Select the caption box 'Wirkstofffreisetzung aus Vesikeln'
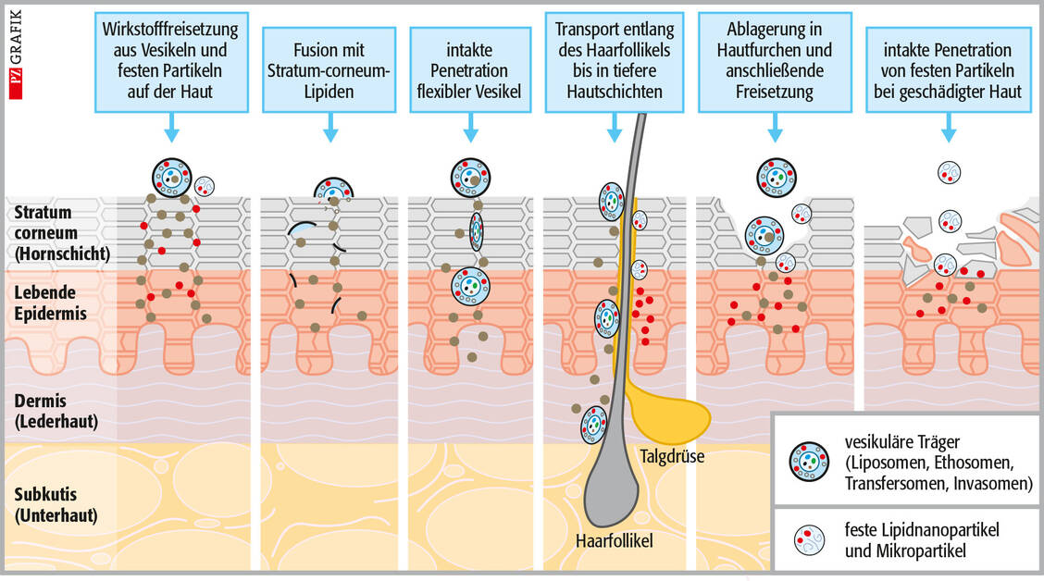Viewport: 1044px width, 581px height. coord(170,61)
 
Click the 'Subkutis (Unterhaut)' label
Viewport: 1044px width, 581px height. coord(53,503)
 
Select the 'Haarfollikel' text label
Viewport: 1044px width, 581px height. coord(613,538)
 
